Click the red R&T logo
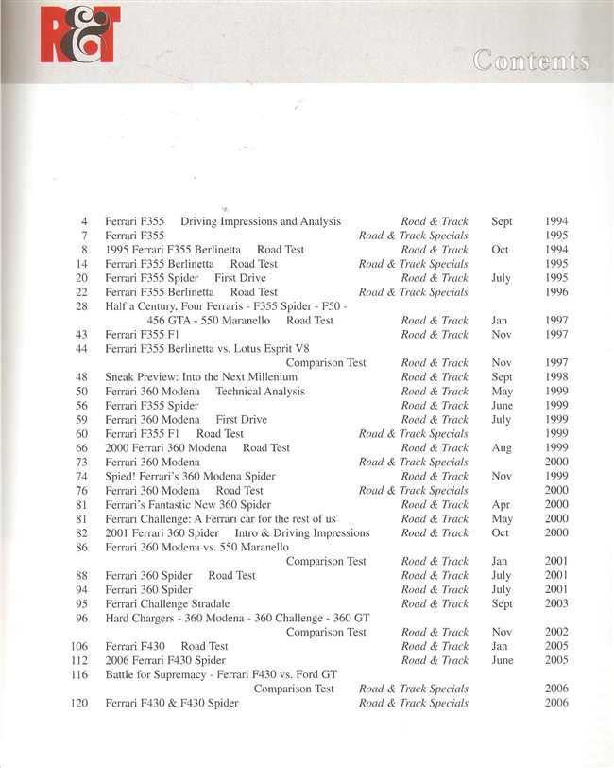click(x=80, y=34)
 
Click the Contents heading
click(x=531, y=61)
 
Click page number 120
click(x=79, y=703)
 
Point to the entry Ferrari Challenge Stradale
click(x=167, y=603)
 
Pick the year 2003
click(x=556, y=603)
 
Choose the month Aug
click(x=503, y=448)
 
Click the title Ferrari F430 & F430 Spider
click(x=171, y=703)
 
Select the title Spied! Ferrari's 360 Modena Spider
click(x=190, y=477)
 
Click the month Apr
click(x=501, y=505)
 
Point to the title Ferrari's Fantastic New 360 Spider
click(x=188, y=505)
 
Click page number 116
click(x=79, y=674)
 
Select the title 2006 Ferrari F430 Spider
click(x=165, y=660)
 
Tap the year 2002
click(x=556, y=632)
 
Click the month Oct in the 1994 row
click(x=500, y=250)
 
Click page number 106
click(x=79, y=646)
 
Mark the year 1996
click(x=556, y=292)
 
